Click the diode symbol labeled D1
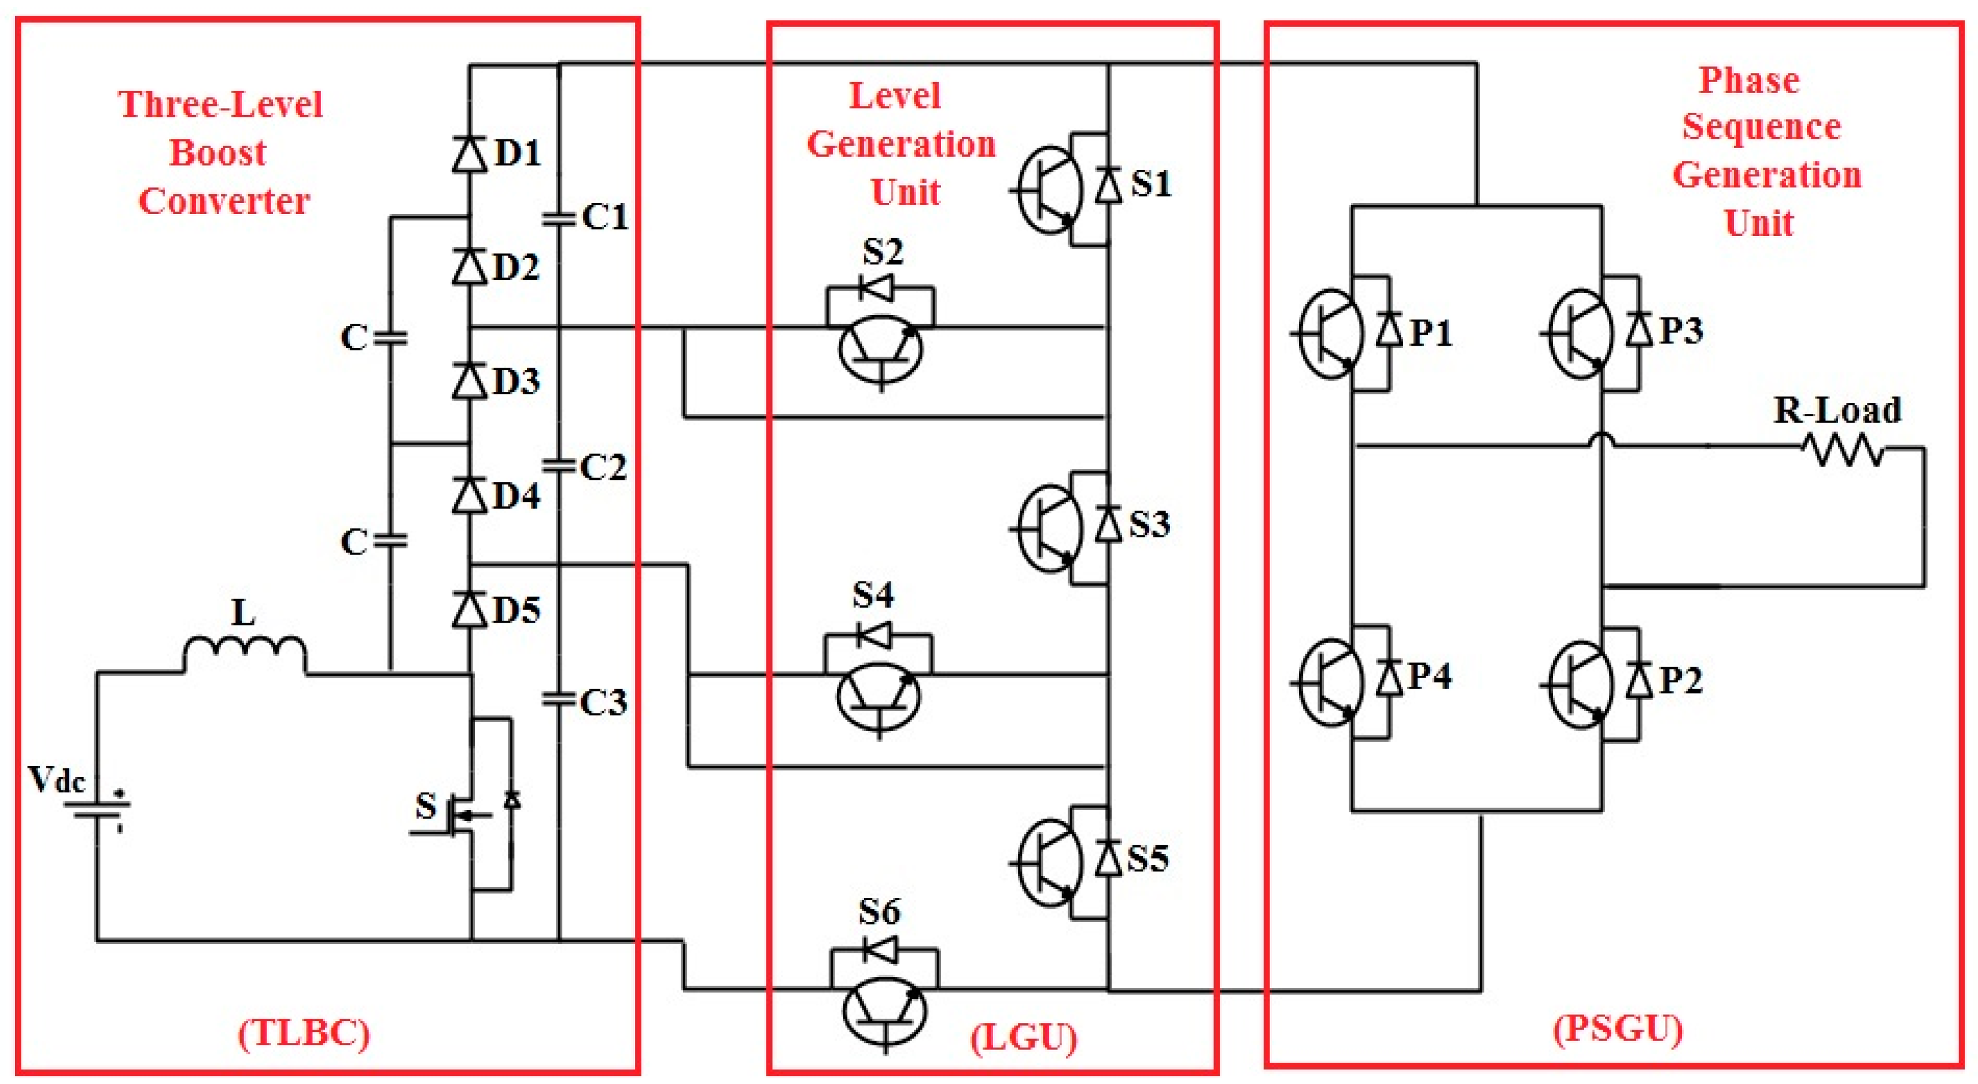coord(469,154)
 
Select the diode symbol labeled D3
coord(469,380)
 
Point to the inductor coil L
coord(244,653)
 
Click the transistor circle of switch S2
coord(880,351)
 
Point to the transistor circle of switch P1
coord(1331,334)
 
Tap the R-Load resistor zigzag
coord(1843,450)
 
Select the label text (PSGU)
coord(1618,1028)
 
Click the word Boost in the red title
coord(217,152)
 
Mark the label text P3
coord(1682,330)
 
